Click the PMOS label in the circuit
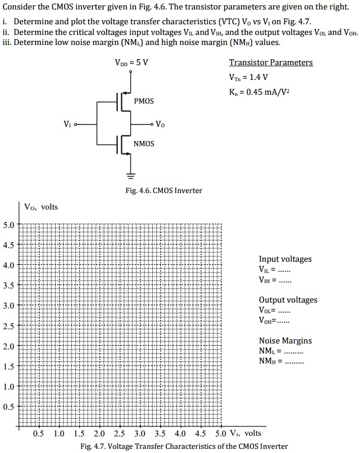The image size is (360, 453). click(143, 101)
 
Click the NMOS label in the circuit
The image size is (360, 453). click(143, 144)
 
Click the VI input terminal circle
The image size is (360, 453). click(75, 124)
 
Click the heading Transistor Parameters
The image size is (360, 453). click(271, 63)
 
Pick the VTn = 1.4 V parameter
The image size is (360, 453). click(248, 77)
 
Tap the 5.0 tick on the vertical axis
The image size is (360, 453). click(9, 225)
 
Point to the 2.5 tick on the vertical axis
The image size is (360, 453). click(9, 326)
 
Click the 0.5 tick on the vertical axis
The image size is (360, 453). click(9, 407)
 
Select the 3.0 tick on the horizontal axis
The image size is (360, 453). click(140, 433)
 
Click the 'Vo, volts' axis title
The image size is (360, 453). click(41, 207)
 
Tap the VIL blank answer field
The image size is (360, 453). click(284, 270)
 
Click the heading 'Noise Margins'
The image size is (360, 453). click(285, 340)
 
